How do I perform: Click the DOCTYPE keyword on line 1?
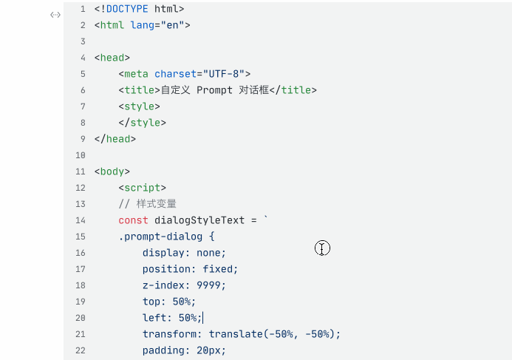(127, 9)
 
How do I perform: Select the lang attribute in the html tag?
(143, 25)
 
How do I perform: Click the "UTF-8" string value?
(224, 74)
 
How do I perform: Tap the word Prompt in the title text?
(214, 90)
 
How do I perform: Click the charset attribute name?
(176, 74)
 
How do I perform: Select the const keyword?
(133, 220)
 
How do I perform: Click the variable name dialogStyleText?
(199, 220)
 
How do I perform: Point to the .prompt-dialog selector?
(160, 237)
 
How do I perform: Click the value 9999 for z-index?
(208, 285)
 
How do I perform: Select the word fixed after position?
(218, 269)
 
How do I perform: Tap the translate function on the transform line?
(236, 334)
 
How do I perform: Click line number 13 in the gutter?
(81, 204)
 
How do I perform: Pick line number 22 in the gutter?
(81, 350)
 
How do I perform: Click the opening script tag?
(143, 188)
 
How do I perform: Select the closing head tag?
(115, 139)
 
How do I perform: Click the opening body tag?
(112, 171)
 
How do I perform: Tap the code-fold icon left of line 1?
(55, 15)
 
